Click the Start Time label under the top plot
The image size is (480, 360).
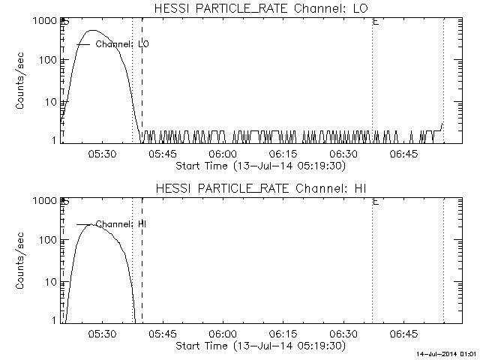tap(259, 165)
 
